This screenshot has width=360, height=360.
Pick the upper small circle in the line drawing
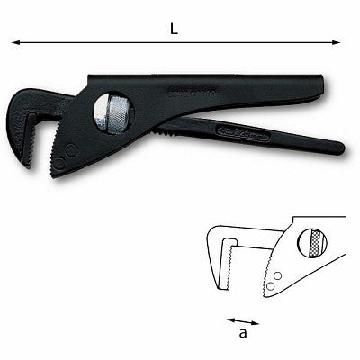pyautogui.click(x=278, y=274)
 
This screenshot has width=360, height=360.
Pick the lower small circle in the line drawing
pyautogui.click(x=270, y=287)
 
